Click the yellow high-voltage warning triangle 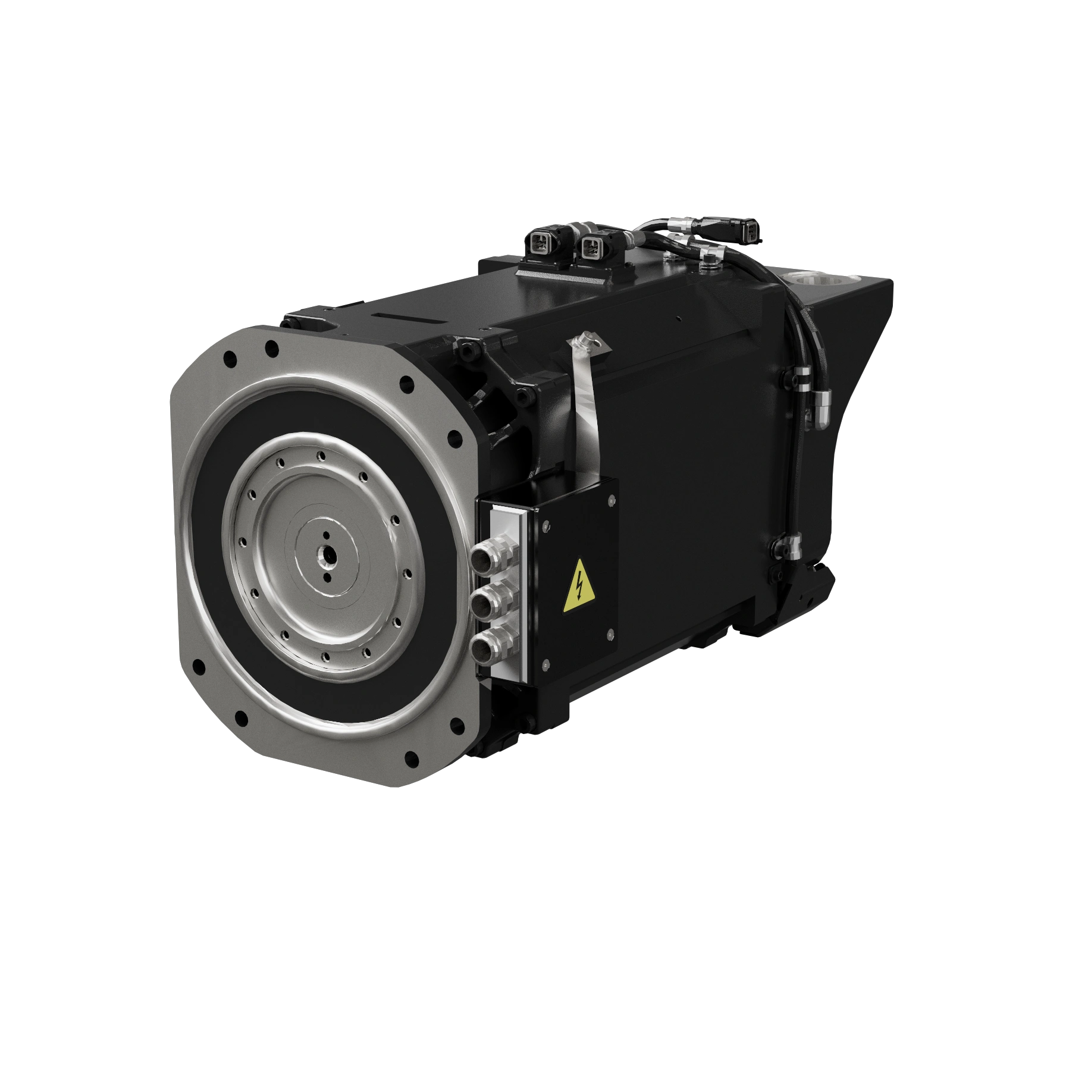click(578, 587)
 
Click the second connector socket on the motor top click(590, 243)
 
